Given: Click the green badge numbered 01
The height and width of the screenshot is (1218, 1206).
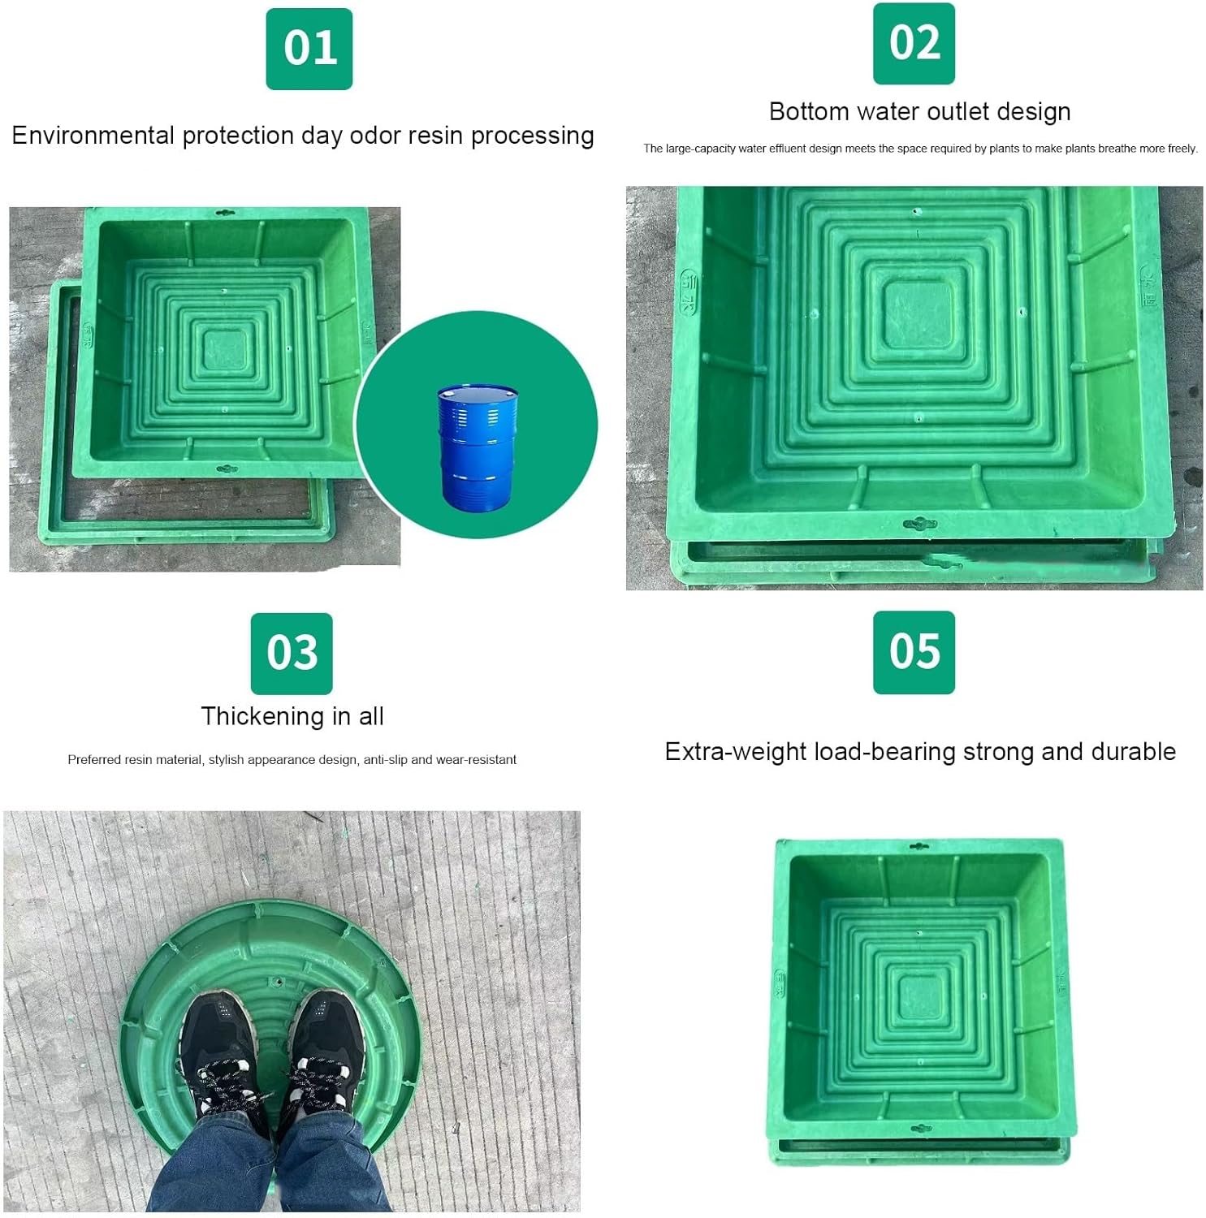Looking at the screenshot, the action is click(x=309, y=49).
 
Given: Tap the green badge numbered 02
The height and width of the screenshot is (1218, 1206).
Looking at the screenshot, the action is click(x=914, y=43).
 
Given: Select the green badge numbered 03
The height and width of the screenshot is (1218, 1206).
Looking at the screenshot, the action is click(x=292, y=654).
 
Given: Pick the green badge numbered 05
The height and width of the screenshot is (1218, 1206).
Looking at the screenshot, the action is click(x=914, y=652).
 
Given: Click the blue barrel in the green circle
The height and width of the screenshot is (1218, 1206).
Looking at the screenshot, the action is click(x=478, y=447).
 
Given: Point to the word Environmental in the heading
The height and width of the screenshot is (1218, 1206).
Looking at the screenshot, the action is click(x=93, y=135).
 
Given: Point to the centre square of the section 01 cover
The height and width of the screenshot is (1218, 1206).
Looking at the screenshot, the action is click(x=224, y=351).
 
